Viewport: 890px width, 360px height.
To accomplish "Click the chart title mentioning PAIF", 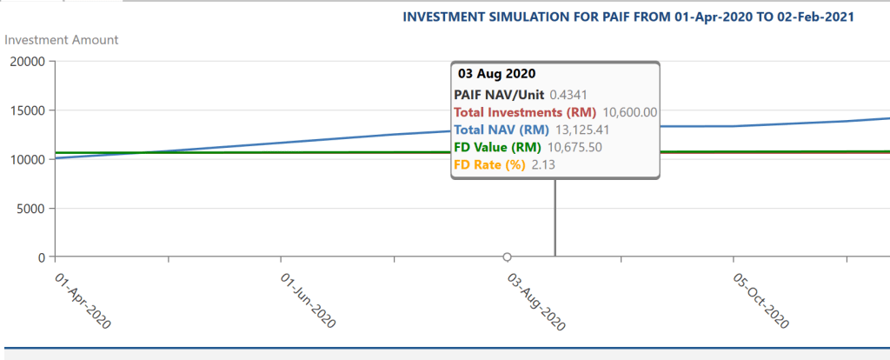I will [x=630, y=17].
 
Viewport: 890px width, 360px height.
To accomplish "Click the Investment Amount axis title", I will [x=62, y=39].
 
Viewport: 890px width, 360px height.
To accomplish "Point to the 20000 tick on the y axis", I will [x=27, y=62].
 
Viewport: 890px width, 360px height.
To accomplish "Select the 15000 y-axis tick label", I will [x=27, y=110].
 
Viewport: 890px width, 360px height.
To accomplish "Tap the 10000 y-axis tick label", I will [x=27, y=159].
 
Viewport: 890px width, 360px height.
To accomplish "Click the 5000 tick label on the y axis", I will [x=30, y=209].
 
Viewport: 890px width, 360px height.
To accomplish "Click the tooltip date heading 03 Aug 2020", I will [x=496, y=74].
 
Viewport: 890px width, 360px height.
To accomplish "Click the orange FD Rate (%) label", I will [x=489, y=164].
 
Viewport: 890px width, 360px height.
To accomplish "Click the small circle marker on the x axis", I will [x=507, y=257].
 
